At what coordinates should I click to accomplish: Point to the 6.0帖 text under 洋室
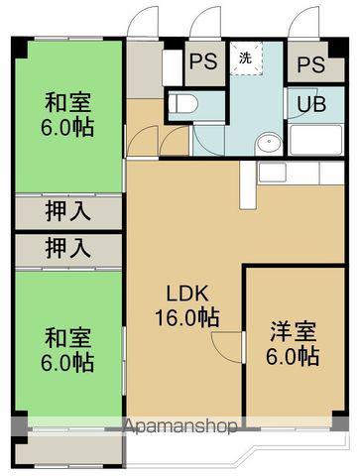[x=293, y=355]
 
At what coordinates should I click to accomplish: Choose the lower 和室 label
[x=68, y=337]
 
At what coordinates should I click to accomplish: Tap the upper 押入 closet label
[x=68, y=210]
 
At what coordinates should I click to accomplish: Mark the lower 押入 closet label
[x=68, y=248]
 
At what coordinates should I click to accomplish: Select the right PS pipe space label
[x=310, y=64]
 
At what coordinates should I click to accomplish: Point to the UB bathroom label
[x=306, y=103]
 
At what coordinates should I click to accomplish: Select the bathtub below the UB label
[x=313, y=138]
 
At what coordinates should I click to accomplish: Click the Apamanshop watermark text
[x=180, y=427]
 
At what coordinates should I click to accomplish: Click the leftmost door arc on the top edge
[x=144, y=22]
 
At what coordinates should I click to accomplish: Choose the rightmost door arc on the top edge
[x=304, y=22]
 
